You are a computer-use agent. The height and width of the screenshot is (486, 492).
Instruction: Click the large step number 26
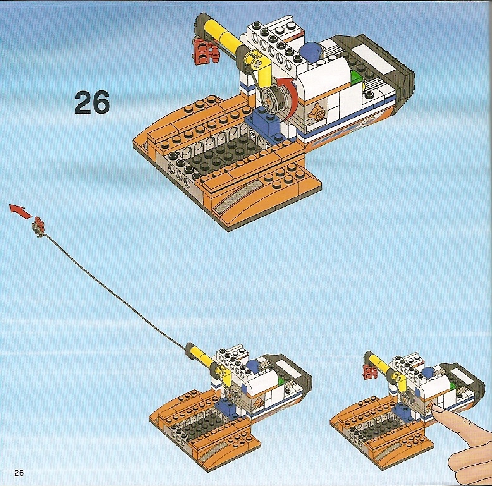click(x=92, y=102)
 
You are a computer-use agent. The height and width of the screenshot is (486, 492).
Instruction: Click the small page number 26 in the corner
click(x=19, y=473)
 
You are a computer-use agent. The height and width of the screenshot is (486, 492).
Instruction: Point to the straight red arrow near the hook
click(x=21, y=210)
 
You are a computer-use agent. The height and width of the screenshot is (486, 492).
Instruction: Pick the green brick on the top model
click(x=357, y=77)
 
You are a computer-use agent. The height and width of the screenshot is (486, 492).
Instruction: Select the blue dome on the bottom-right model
click(x=428, y=372)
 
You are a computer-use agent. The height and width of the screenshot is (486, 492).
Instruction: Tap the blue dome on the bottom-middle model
click(x=253, y=365)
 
